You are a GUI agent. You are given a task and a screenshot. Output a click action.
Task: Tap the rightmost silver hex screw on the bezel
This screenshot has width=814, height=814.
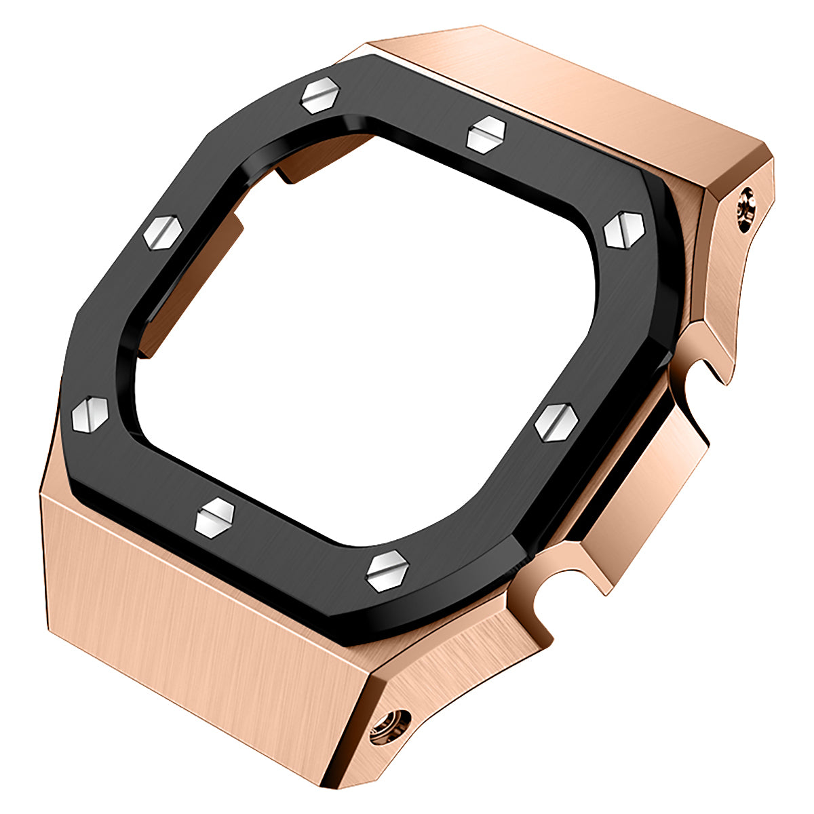(x=623, y=230)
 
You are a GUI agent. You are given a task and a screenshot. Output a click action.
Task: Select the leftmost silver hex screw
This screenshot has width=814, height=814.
(x=91, y=411)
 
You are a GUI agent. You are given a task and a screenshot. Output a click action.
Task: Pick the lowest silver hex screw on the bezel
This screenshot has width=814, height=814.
(x=387, y=569)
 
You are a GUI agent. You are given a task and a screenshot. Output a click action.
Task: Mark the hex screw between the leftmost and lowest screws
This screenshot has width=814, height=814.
(x=214, y=517)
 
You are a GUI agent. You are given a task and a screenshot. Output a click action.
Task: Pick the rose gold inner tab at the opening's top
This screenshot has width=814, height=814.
(x=319, y=159)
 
